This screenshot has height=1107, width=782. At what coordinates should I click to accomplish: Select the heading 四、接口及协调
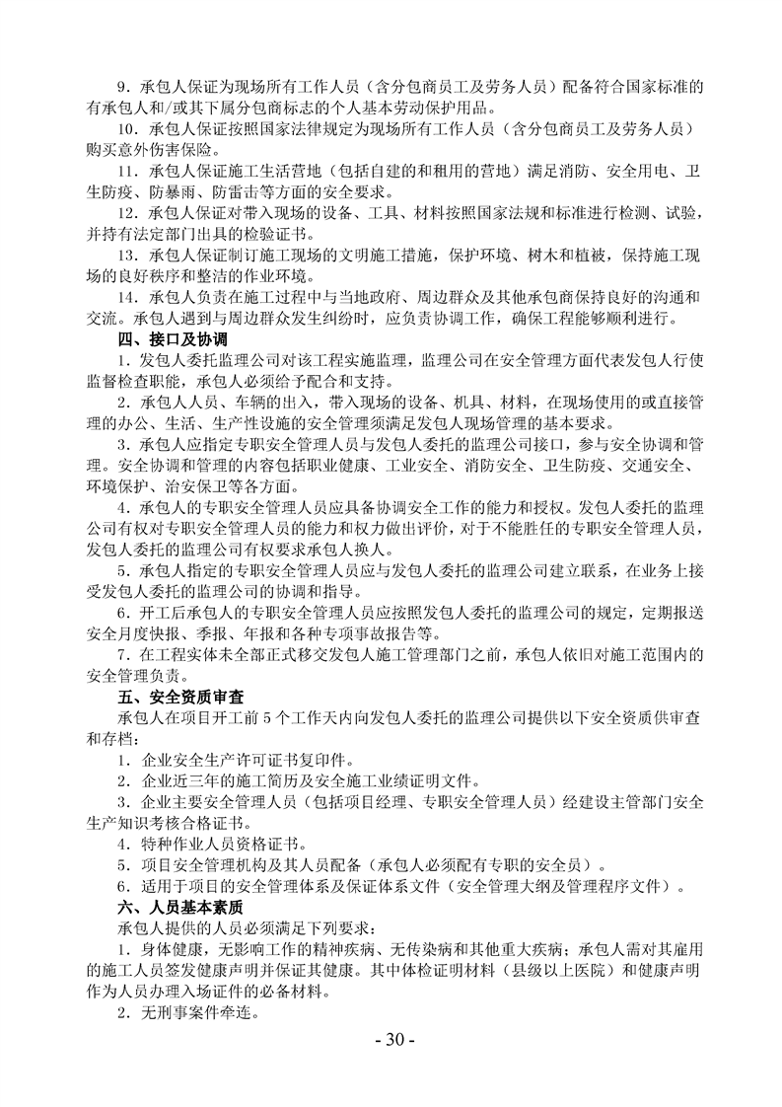click(160, 340)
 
